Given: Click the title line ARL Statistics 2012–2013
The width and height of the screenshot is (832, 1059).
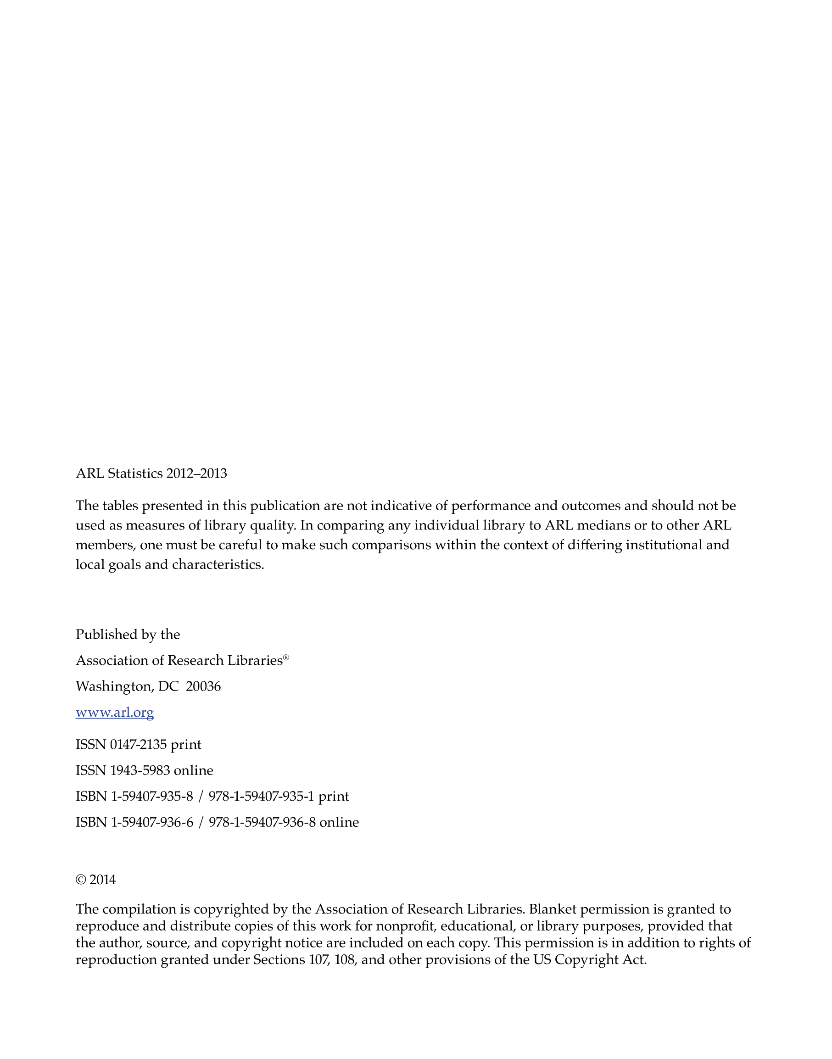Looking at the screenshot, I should [151, 474].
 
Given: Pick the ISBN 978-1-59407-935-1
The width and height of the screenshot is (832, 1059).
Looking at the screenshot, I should [261, 797].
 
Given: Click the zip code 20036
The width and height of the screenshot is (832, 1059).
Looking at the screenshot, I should [203, 686].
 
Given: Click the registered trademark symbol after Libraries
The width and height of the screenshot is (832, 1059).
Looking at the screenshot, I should [286, 658].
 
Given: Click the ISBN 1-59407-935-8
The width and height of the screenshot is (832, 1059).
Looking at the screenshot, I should [152, 797].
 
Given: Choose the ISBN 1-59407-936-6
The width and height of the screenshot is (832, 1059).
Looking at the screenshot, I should [152, 822].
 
